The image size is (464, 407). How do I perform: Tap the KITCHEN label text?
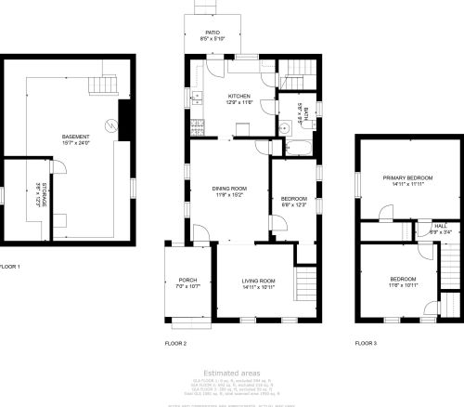point(240,97)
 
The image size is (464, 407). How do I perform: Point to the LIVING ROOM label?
point(260,281)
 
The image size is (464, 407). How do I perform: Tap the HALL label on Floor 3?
point(442,225)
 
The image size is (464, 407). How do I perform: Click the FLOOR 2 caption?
point(176,343)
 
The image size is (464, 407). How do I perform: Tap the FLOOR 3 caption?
point(366,343)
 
